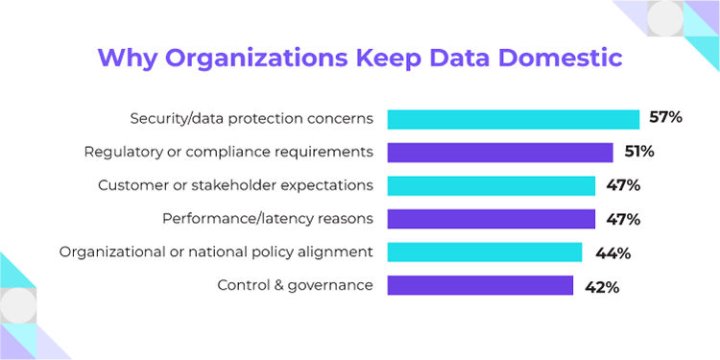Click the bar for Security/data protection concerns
[x=514, y=119]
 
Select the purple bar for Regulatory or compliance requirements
[x=500, y=152]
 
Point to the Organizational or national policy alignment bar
[x=485, y=252]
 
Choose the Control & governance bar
[x=480, y=285]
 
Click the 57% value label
[x=664, y=119]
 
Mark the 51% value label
[x=636, y=152]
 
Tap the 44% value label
[x=612, y=252]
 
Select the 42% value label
[x=601, y=285]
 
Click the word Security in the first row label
[x=158, y=119]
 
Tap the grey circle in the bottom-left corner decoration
[x=18, y=306]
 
